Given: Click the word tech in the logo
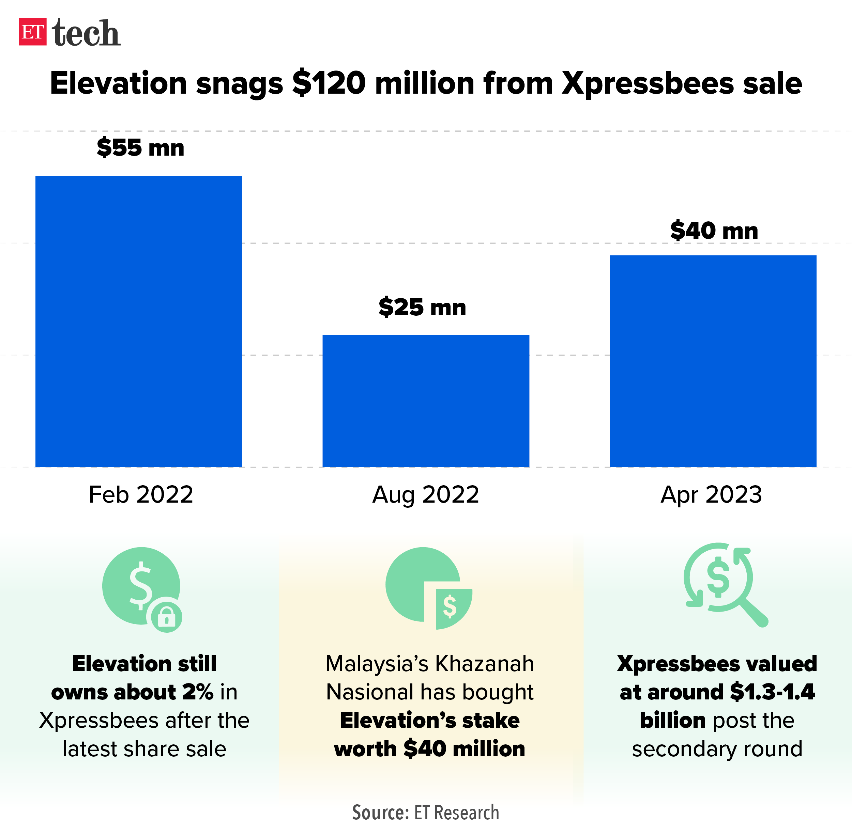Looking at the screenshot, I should point(86,33).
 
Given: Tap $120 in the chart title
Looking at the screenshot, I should point(329,83).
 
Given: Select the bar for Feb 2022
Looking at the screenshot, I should point(139,321).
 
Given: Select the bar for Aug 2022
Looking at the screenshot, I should point(425,400).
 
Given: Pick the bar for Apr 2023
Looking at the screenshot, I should point(713,361).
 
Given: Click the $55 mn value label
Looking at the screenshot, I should point(140,148).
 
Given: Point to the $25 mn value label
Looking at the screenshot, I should point(422,307).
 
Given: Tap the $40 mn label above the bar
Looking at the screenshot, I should point(714,231).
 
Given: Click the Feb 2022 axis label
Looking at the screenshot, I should point(141,494).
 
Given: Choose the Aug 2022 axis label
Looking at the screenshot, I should point(425,494).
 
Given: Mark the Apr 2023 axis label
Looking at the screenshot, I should point(711,494).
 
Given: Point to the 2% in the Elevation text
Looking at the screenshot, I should point(198,692).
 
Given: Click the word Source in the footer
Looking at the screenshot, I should point(380,813).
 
